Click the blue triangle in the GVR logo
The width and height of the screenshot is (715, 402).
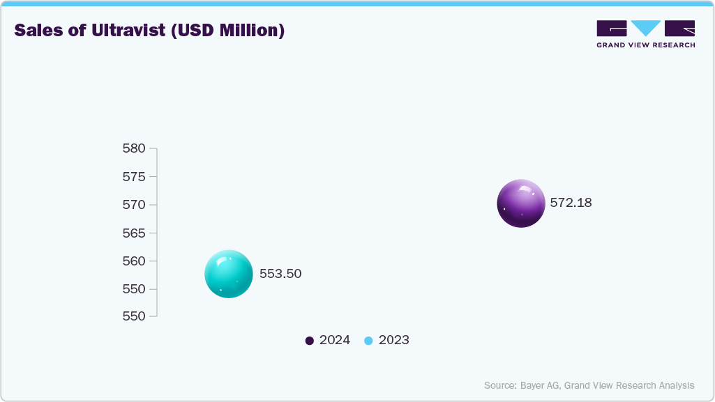[645, 28]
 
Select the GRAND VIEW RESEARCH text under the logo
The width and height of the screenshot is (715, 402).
[645, 45]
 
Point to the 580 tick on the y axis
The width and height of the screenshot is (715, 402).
[133, 148]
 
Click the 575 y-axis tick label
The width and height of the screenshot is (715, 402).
[133, 177]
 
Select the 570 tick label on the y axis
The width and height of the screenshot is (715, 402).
[133, 205]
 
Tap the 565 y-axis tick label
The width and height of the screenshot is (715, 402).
[133, 233]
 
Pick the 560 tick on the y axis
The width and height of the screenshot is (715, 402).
[133, 261]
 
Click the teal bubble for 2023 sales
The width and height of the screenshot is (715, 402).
[228, 274]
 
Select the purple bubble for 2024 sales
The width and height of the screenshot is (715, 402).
[521, 203]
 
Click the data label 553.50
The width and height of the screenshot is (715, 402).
[280, 274]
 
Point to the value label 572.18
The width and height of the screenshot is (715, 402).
[571, 203]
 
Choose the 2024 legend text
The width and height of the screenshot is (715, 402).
[335, 341]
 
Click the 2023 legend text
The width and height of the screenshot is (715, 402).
[394, 341]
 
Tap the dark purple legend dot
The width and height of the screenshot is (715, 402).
[310, 341]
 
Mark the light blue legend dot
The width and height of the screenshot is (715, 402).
[369, 341]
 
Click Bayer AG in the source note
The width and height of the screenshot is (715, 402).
[540, 385]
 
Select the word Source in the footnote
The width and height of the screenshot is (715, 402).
[499, 385]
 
